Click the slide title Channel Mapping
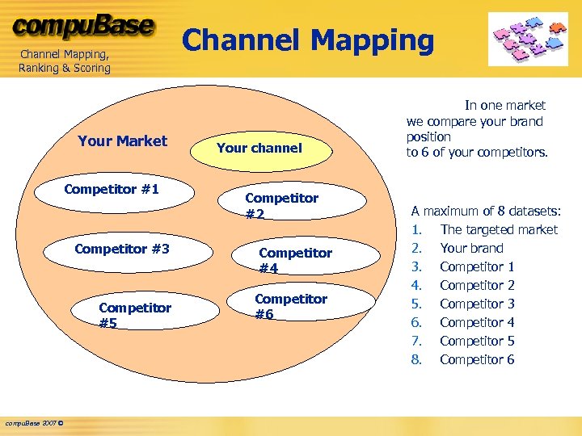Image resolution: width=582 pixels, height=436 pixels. click(x=308, y=40)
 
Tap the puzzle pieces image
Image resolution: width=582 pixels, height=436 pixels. click(x=528, y=38)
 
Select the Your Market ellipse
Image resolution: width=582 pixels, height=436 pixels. click(x=123, y=141)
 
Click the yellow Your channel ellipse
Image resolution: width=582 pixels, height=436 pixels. click(x=259, y=148)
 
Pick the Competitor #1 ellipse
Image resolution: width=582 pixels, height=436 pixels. click(x=112, y=191)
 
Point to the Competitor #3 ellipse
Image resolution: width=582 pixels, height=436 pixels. click(x=122, y=249)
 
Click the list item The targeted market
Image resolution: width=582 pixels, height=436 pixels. click(x=499, y=229)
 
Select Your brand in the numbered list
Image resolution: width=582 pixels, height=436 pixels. click(x=471, y=248)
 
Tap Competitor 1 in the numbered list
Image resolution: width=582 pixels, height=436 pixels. click(x=477, y=266)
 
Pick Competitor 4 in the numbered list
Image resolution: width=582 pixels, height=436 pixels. click(x=477, y=322)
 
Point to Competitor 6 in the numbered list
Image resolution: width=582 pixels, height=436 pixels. click(x=477, y=359)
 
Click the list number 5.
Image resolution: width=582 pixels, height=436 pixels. click(x=416, y=304)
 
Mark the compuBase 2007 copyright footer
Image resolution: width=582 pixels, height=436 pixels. click(x=36, y=423)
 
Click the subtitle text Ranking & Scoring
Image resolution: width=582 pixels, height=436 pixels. click(x=65, y=68)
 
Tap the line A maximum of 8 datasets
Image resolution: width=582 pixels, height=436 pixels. click(x=485, y=211)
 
